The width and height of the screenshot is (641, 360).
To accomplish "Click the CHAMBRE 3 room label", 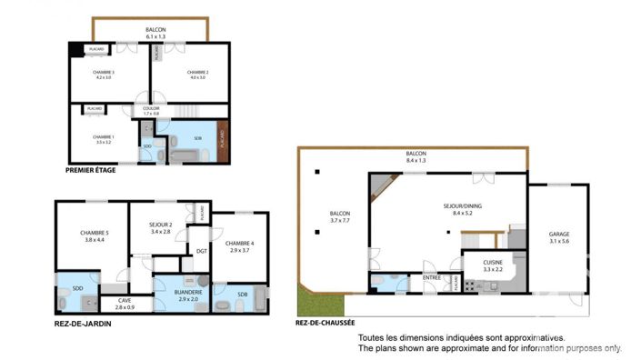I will (103, 75).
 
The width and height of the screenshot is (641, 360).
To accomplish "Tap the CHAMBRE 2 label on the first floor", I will (198, 75).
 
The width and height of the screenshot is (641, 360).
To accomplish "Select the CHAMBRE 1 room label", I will (103, 139).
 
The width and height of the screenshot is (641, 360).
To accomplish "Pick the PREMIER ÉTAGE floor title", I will (91, 170).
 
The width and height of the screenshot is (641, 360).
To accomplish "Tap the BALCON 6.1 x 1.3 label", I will (156, 34).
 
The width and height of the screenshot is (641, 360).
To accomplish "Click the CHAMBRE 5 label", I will (94, 236).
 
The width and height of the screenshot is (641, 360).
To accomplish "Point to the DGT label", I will (201, 251).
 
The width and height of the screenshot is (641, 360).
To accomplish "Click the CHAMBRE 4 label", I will (240, 245).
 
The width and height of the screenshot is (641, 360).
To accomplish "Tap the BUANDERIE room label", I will (185, 295).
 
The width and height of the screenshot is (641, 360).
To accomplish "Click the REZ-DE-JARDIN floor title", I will (83, 324).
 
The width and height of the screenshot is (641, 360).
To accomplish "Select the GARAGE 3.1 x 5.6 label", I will (559, 238).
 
